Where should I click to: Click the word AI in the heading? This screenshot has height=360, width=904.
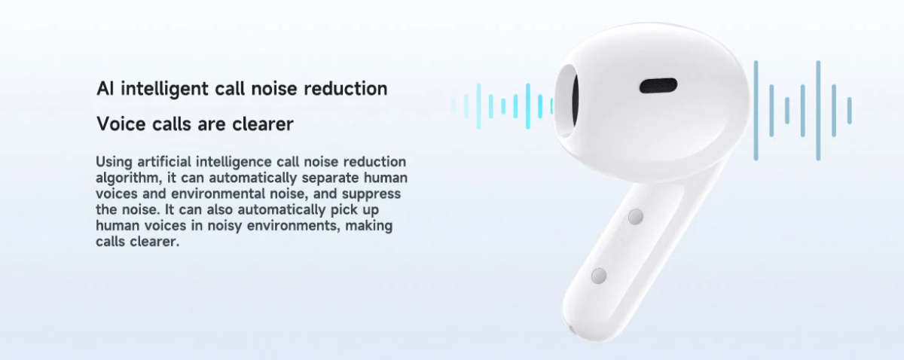[x=105, y=89]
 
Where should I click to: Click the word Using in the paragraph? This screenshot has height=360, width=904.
[x=113, y=162]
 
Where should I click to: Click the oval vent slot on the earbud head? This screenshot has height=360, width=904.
[x=658, y=85]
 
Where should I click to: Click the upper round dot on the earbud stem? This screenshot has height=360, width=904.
[x=635, y=218]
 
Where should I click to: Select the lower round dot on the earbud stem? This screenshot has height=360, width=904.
[x=599, y=276]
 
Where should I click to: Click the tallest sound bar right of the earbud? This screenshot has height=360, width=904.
[x=818, y=110]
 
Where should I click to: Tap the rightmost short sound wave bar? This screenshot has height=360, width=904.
[x=849, y=110]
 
